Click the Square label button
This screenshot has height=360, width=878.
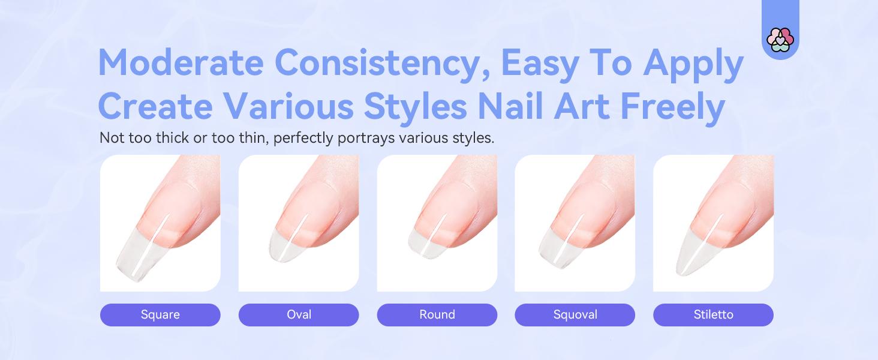(160, 314)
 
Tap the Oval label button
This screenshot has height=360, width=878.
(299, 314)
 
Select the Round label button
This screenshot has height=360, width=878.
(437, 314)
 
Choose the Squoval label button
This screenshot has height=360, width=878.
(575, 314)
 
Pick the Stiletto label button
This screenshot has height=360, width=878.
(713, 314)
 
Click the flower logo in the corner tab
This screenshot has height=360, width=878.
(780, 40)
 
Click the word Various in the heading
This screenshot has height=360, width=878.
(285, 107)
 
